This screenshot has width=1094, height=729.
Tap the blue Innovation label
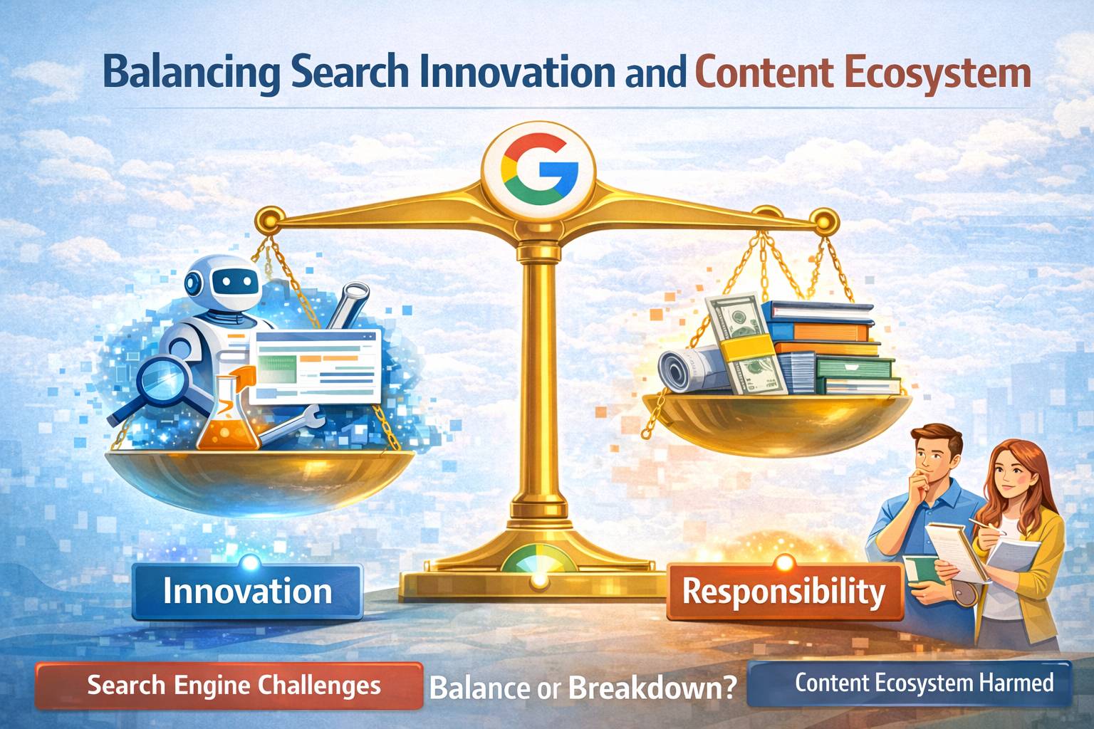coord(247,592)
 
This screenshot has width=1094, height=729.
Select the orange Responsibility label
coord(784,592)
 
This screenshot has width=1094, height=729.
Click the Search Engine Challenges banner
coord(229,686)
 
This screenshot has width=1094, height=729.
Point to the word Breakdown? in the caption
coord(652,688)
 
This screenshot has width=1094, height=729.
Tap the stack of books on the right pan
coord(833,349)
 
